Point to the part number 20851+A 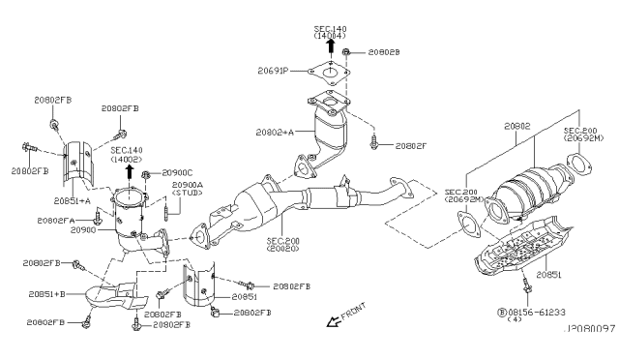point(73,199)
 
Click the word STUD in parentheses point(190,194)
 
